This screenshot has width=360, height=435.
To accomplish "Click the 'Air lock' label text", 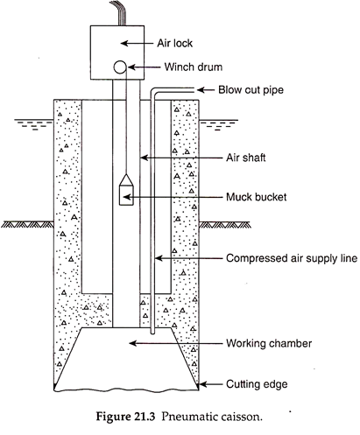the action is click(174, 43).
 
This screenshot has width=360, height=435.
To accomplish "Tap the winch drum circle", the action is click(120, 67).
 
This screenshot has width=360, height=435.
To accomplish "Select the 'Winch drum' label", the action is click(193, 67).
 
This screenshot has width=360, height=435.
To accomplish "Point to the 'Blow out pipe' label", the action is click(251, 89).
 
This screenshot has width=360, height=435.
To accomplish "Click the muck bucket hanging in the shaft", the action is click(126, 190).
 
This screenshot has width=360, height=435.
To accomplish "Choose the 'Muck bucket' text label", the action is click(257, 197).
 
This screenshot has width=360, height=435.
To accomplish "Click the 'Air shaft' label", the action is click(246, 158).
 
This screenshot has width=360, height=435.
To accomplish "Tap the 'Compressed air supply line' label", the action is click(292, 258).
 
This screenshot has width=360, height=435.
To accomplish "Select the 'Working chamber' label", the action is click(269, 343).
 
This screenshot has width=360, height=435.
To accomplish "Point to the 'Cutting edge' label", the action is click(257, 384).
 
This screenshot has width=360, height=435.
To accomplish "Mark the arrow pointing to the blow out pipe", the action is click(205, 90).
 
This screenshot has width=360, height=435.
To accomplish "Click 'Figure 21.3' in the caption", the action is click(125, 417).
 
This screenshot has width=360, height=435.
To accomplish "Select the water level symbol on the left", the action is click(34, 124).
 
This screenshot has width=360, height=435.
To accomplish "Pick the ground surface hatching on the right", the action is click(225, 225).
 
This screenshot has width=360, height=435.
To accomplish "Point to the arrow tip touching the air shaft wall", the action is click(141, 158).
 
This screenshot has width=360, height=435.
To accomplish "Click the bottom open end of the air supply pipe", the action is click(152, 333).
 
